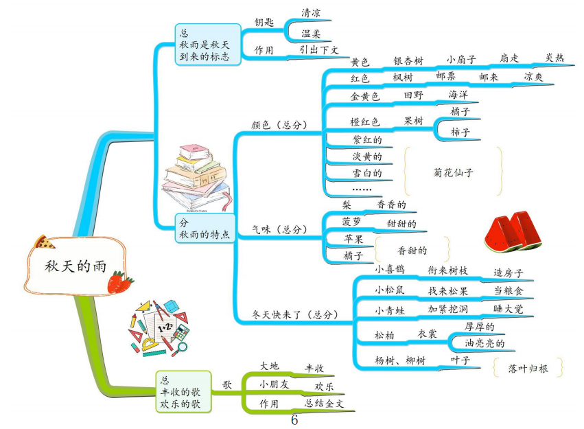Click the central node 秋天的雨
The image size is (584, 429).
[x=75, y=266]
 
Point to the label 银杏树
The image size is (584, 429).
[x=408, y=60]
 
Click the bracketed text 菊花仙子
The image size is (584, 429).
[x=454, y=172]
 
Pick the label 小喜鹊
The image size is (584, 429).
[x=389, y=270]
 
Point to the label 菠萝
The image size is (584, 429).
[x=351, y=221]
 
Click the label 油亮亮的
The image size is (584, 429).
[x=485, y=343]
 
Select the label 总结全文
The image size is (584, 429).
[x=325, y=404]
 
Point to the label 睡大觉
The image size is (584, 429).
[x=509, y=310]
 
